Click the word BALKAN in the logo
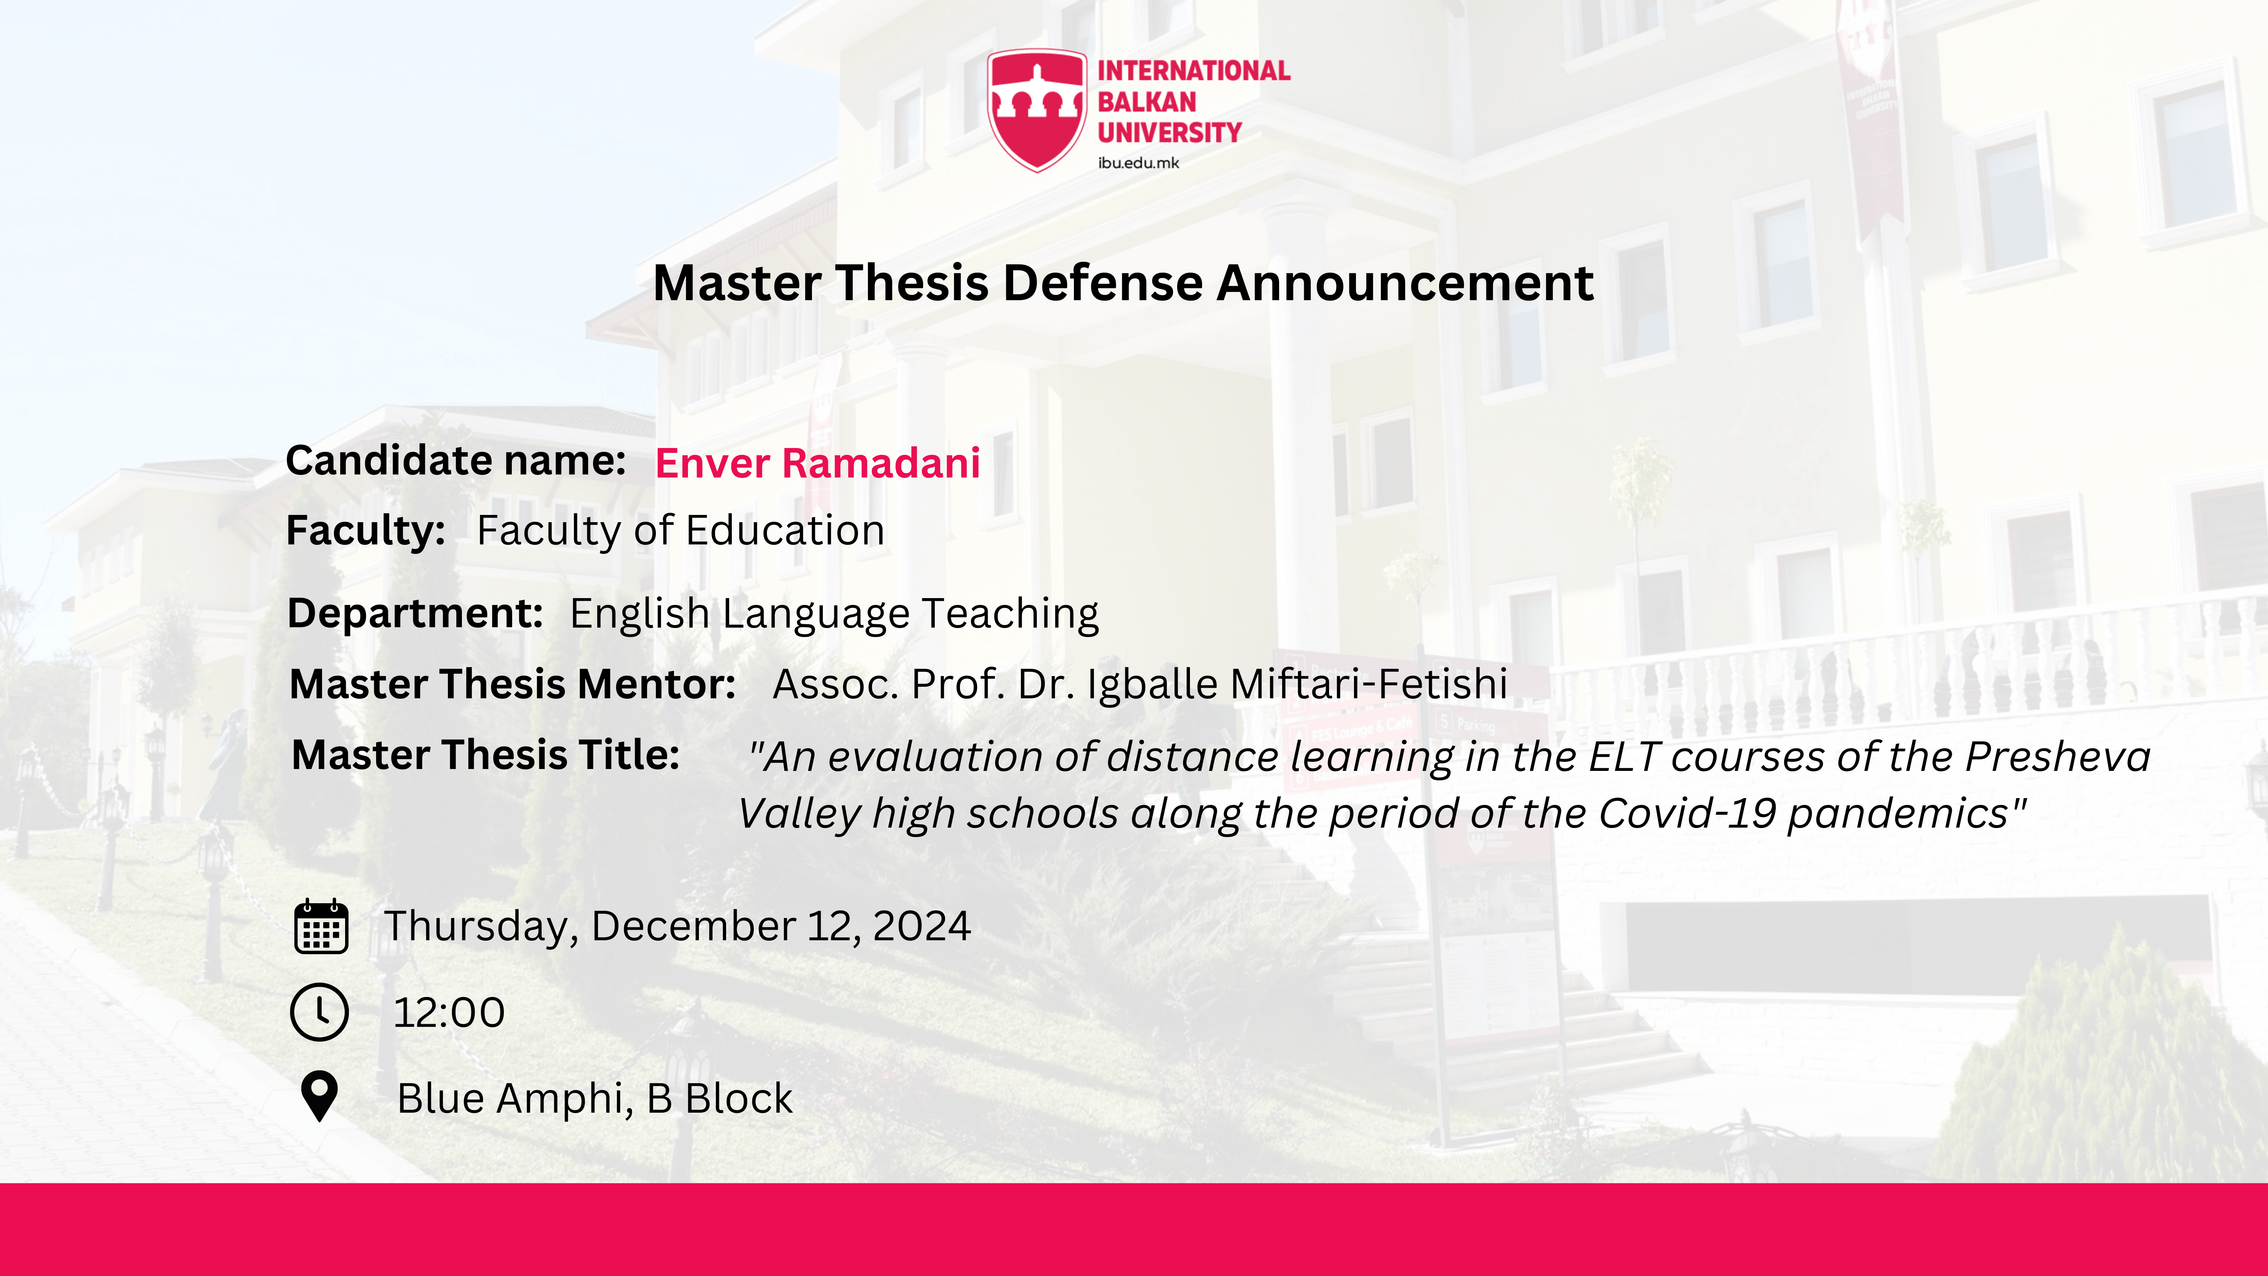point(1146,102)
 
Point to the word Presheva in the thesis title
point(2059,757)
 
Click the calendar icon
point(321,926)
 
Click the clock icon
point(319,1012)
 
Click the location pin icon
point(319,1096)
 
